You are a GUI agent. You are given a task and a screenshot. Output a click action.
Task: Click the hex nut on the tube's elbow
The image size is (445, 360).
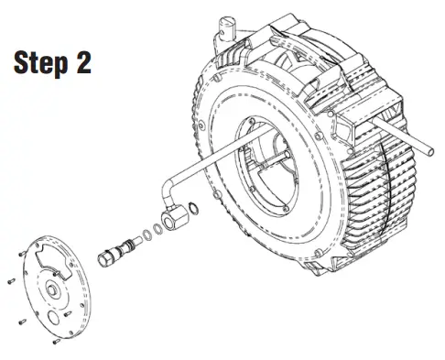coord(172,218)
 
